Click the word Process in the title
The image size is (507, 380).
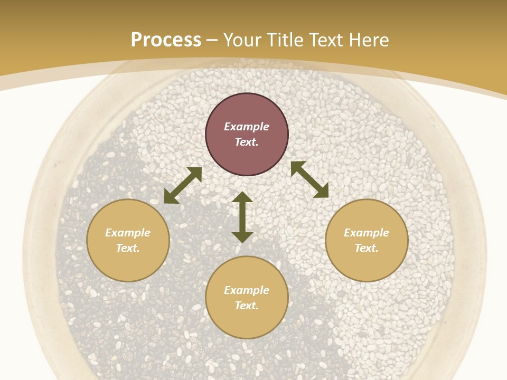click(166, 40)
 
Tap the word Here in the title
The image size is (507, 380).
click(368, 40)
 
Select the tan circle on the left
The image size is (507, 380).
click(128, 264)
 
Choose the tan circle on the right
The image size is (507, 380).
click(367, 264)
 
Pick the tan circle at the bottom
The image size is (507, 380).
click(247, 322)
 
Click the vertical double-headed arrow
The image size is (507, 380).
click(242, 217)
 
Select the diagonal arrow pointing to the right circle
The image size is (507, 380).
click(309, 179)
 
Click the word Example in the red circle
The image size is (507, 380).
click(247, 127)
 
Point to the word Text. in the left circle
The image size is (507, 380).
click(128, 248)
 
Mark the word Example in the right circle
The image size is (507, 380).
click(367, 233)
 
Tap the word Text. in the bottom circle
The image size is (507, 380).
click(247, 306)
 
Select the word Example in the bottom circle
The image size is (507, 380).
click(247, 290)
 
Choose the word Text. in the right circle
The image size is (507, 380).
click(367, 248)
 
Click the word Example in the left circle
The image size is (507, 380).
click(128, 233)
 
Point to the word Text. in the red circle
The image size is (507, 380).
click(247, 142)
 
